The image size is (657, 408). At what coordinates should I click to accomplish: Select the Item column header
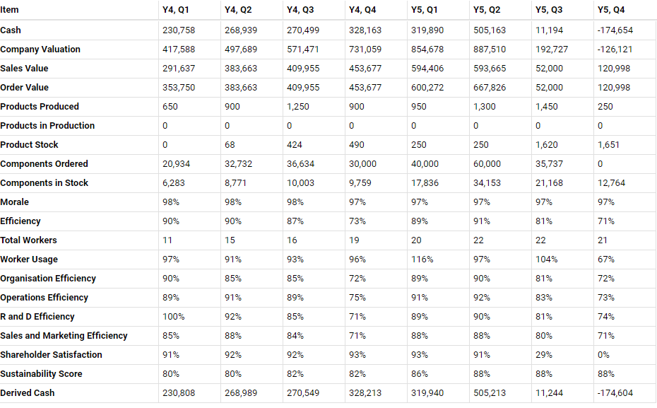tap(10, 10)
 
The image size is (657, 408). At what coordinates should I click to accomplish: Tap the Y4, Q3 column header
tap(302, 10)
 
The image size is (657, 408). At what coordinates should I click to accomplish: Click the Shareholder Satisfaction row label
tap(51, 355)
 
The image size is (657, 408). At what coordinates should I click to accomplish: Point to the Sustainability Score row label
tap(41, 374)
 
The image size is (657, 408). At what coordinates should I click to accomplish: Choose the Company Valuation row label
tap(40, 49)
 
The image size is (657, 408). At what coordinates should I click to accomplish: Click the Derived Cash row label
tap(28, 393)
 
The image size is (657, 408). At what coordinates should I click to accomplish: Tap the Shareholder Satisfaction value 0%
tap(603, 355)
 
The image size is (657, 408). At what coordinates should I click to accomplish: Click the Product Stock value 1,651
tap(608, 145)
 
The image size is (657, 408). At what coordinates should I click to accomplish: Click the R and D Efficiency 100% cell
tap(172, 317)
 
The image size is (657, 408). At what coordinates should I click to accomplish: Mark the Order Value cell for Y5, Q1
tap(427, 88)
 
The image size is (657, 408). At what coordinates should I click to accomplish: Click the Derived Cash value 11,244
tap(549, 393)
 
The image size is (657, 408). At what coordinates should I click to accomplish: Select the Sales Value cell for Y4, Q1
tap(179, 69)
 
